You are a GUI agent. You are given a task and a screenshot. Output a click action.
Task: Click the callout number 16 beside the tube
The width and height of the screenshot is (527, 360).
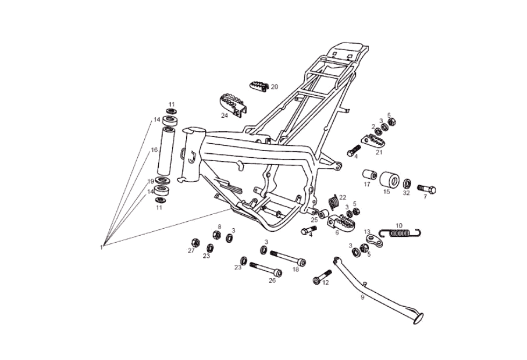tap(154, 150)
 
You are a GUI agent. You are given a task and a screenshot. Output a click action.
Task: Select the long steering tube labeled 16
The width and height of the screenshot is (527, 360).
tap(167, 153)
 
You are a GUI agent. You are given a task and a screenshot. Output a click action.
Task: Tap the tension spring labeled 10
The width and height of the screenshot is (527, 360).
tap(399, 232)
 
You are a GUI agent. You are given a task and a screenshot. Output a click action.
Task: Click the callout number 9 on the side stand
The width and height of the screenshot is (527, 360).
tap(362, 297)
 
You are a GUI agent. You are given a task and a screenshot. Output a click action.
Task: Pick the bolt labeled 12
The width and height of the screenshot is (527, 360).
tap(322, 278)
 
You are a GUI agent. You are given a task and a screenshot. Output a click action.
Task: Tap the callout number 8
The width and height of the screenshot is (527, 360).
tap(219, 227)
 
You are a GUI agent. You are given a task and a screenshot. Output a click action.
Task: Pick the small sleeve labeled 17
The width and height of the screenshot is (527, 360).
tap(369, 175)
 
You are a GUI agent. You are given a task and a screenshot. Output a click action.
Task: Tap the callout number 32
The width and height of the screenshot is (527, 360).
tap(406, 192)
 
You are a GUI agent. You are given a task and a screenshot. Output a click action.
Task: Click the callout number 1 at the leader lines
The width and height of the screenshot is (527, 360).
tap(101, 247)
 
